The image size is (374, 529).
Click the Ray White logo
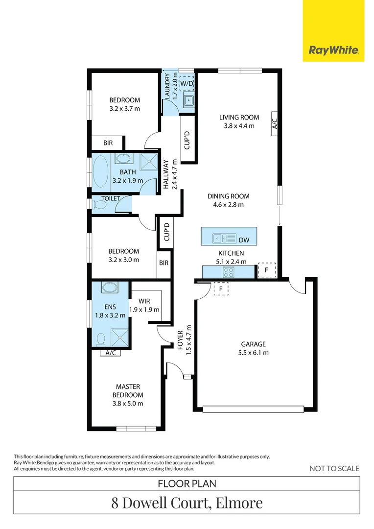pyautogui.click(x=333, y=50)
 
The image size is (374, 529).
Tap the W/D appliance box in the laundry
pyautogui.click(x=187, y=83)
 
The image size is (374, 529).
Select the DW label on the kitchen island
pyautogui.click(x=244, y=240)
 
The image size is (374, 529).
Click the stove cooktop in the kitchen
pyautogui.click(x=228, y=272)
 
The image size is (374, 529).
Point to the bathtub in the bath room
pyautogui.click(x=100, y=172)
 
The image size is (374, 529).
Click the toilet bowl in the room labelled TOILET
pyautogui.click(x=99, y=204)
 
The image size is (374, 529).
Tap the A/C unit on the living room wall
pyautogui.click(x=274, y=123)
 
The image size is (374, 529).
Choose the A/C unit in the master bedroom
pyautogui.click(x=111, y=353)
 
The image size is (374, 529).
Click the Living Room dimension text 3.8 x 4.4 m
pyautogui.click(x=239, y=126)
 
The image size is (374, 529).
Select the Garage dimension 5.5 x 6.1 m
pyautogui.click(x=253, y=353)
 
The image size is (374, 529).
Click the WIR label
pyautogui.click(x=144, y=301)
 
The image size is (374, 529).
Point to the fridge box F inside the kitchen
pyautogui.click(x=267, y=270)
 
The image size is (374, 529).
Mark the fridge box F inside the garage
pyautogui.click(x=221, y=289)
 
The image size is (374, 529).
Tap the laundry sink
pyautogui.click(x=188, y=100)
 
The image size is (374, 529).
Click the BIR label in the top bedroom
pyautogui.click(x=108, y=143)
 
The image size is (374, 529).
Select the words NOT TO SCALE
pyautogui.click(x=334, y=469)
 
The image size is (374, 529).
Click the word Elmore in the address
pyautogui.click(x=239, y=503)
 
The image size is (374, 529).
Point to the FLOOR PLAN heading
pyautogui.click(x=187, y=483)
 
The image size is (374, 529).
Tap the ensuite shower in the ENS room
pyautogui.click(x=120, y=337)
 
